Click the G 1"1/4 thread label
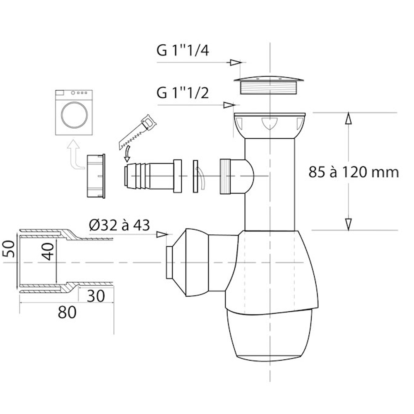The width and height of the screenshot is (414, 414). (x=183, y=50)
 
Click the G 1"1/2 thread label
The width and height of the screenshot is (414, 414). (x=183, y=93)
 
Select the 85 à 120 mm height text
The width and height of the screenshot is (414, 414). (x=354, y=172)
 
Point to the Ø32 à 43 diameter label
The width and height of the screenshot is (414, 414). (x=119, y=225)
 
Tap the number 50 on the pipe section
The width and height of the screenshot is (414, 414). (x=8, y=248)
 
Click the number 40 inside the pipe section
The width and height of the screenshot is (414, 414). (x=48, y=251)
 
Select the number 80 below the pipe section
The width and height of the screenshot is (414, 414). (x=67, y=312)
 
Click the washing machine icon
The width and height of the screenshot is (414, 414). (x=74, y=113)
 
